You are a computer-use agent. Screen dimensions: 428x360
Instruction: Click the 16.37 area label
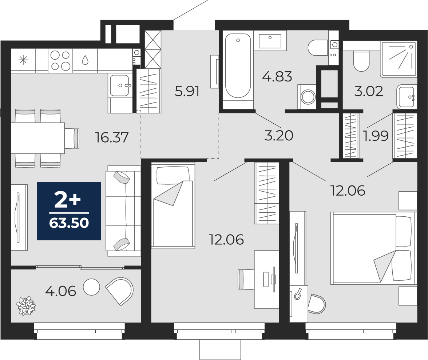click(112, 137)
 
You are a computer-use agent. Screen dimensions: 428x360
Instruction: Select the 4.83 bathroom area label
click(277, 76)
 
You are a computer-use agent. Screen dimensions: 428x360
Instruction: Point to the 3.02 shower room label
click(368, 91)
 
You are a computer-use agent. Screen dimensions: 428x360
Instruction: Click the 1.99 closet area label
click(376, 136)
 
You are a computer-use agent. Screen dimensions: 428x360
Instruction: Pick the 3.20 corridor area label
click(279, 136)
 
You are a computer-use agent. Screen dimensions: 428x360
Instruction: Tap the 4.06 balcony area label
click(60, 291)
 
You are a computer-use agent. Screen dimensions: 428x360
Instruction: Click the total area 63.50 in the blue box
click(69, 223)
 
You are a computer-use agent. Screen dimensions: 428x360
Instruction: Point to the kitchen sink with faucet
click(119, 85)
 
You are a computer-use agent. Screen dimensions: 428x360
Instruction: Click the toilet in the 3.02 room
click(361, 60)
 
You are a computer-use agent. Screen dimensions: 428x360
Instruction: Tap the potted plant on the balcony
click(25, 306)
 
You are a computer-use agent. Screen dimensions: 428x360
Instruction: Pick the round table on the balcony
click(91, 287)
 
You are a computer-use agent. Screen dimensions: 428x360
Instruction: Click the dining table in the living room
click(38, 138)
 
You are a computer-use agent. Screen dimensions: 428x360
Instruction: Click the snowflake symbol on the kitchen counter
click(23, 60)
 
